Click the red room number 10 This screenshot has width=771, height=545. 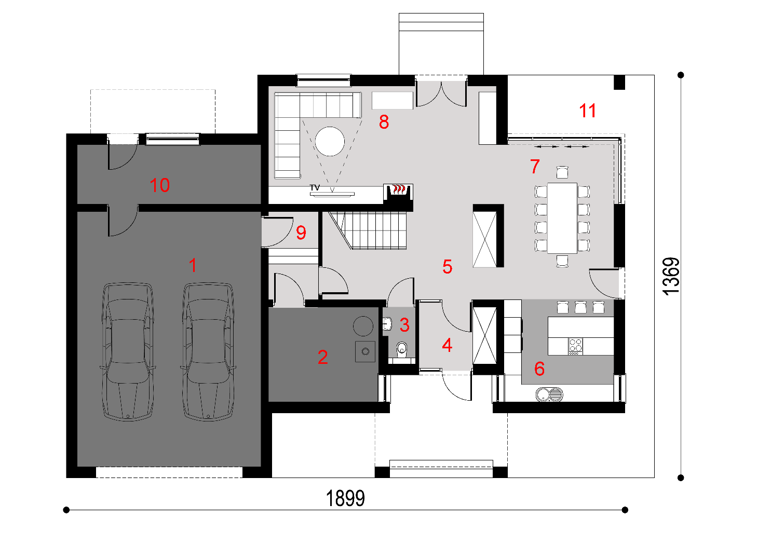(x=160, y=185)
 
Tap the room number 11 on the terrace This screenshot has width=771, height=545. (x=588, y=111)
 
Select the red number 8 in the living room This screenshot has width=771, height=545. (x=384, y=122)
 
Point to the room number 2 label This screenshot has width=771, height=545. (x=322, y=357)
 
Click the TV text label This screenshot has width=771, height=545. (x=315, y=187)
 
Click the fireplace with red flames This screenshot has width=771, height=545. (x=398, y=192)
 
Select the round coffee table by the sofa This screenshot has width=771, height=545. (x=330, y=141)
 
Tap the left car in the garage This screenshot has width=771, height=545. (x=128, y=351)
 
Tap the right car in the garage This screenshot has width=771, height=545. (x=208, y=351)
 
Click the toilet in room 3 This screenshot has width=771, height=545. (x=402, y=349)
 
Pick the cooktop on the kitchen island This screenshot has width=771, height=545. (x=575, y=347)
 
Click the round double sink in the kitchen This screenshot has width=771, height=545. (x=549, y=394)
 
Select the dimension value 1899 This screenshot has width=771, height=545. (x=345, y=498)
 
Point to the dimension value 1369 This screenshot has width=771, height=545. (x=671, y=276)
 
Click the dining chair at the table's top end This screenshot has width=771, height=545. (x=562, y=172)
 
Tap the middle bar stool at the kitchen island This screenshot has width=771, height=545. (x=580, y=307)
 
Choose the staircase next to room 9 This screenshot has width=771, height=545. (x=368, y=230)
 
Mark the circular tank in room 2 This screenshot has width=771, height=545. (x=363, y=326)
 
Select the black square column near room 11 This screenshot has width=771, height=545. (x=619, y=82)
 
